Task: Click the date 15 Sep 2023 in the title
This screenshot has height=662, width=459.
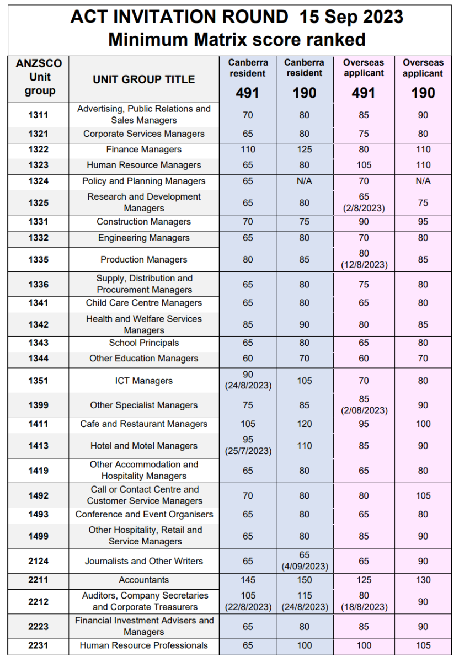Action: (x=351, y=17)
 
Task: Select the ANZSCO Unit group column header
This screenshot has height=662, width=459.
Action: (x=39, y=77)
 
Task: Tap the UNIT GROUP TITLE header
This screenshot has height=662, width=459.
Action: (x=144, y=79)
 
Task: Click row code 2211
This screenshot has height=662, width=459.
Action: (x=39, y=580)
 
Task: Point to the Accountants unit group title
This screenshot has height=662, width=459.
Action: (x=144, y=580)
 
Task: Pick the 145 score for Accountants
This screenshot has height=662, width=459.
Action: (x=248, y=580)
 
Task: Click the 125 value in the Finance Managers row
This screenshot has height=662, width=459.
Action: (x=305, y=150)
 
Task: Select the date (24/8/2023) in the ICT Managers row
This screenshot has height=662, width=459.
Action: (x=248, y=386)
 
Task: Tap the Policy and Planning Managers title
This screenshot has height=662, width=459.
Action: (x=144, y=181)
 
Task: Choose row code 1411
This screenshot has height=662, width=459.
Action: (x=39, y=424)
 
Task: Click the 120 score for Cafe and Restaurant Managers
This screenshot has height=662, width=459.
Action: (x=305, y=424)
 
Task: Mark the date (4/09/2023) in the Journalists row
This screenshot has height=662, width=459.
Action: (x=305, y=567)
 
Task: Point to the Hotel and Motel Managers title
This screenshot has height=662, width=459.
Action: (x=144, y=446)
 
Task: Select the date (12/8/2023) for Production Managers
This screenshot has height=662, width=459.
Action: (x=364, y=265)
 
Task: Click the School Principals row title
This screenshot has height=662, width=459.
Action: (x=144, y=343)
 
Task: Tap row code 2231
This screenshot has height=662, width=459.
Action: (x=39, y=645)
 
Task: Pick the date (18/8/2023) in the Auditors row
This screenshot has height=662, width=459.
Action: (x=364, y=607)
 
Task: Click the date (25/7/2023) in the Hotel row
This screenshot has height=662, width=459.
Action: (x=248, y=451)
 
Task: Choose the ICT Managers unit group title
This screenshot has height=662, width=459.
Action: (x=144, y=381)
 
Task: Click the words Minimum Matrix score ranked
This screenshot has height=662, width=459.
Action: (x=237, y=40)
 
